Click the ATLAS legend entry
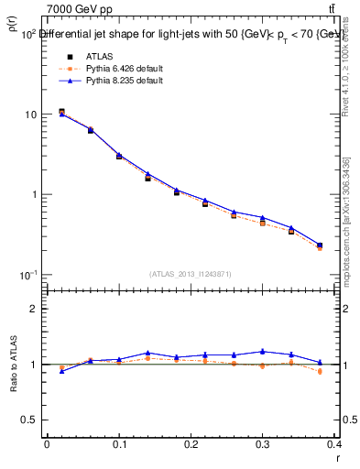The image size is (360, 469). click(98, 56)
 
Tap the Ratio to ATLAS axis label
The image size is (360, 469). click(16, 365)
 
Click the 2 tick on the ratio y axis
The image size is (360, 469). click(35, 309)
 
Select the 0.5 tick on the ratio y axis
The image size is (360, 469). click(31, 420)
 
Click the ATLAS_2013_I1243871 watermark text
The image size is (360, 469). click(191, 274)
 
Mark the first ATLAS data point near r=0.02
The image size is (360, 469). click(61, 112)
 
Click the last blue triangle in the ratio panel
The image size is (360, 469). click(320, 362)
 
